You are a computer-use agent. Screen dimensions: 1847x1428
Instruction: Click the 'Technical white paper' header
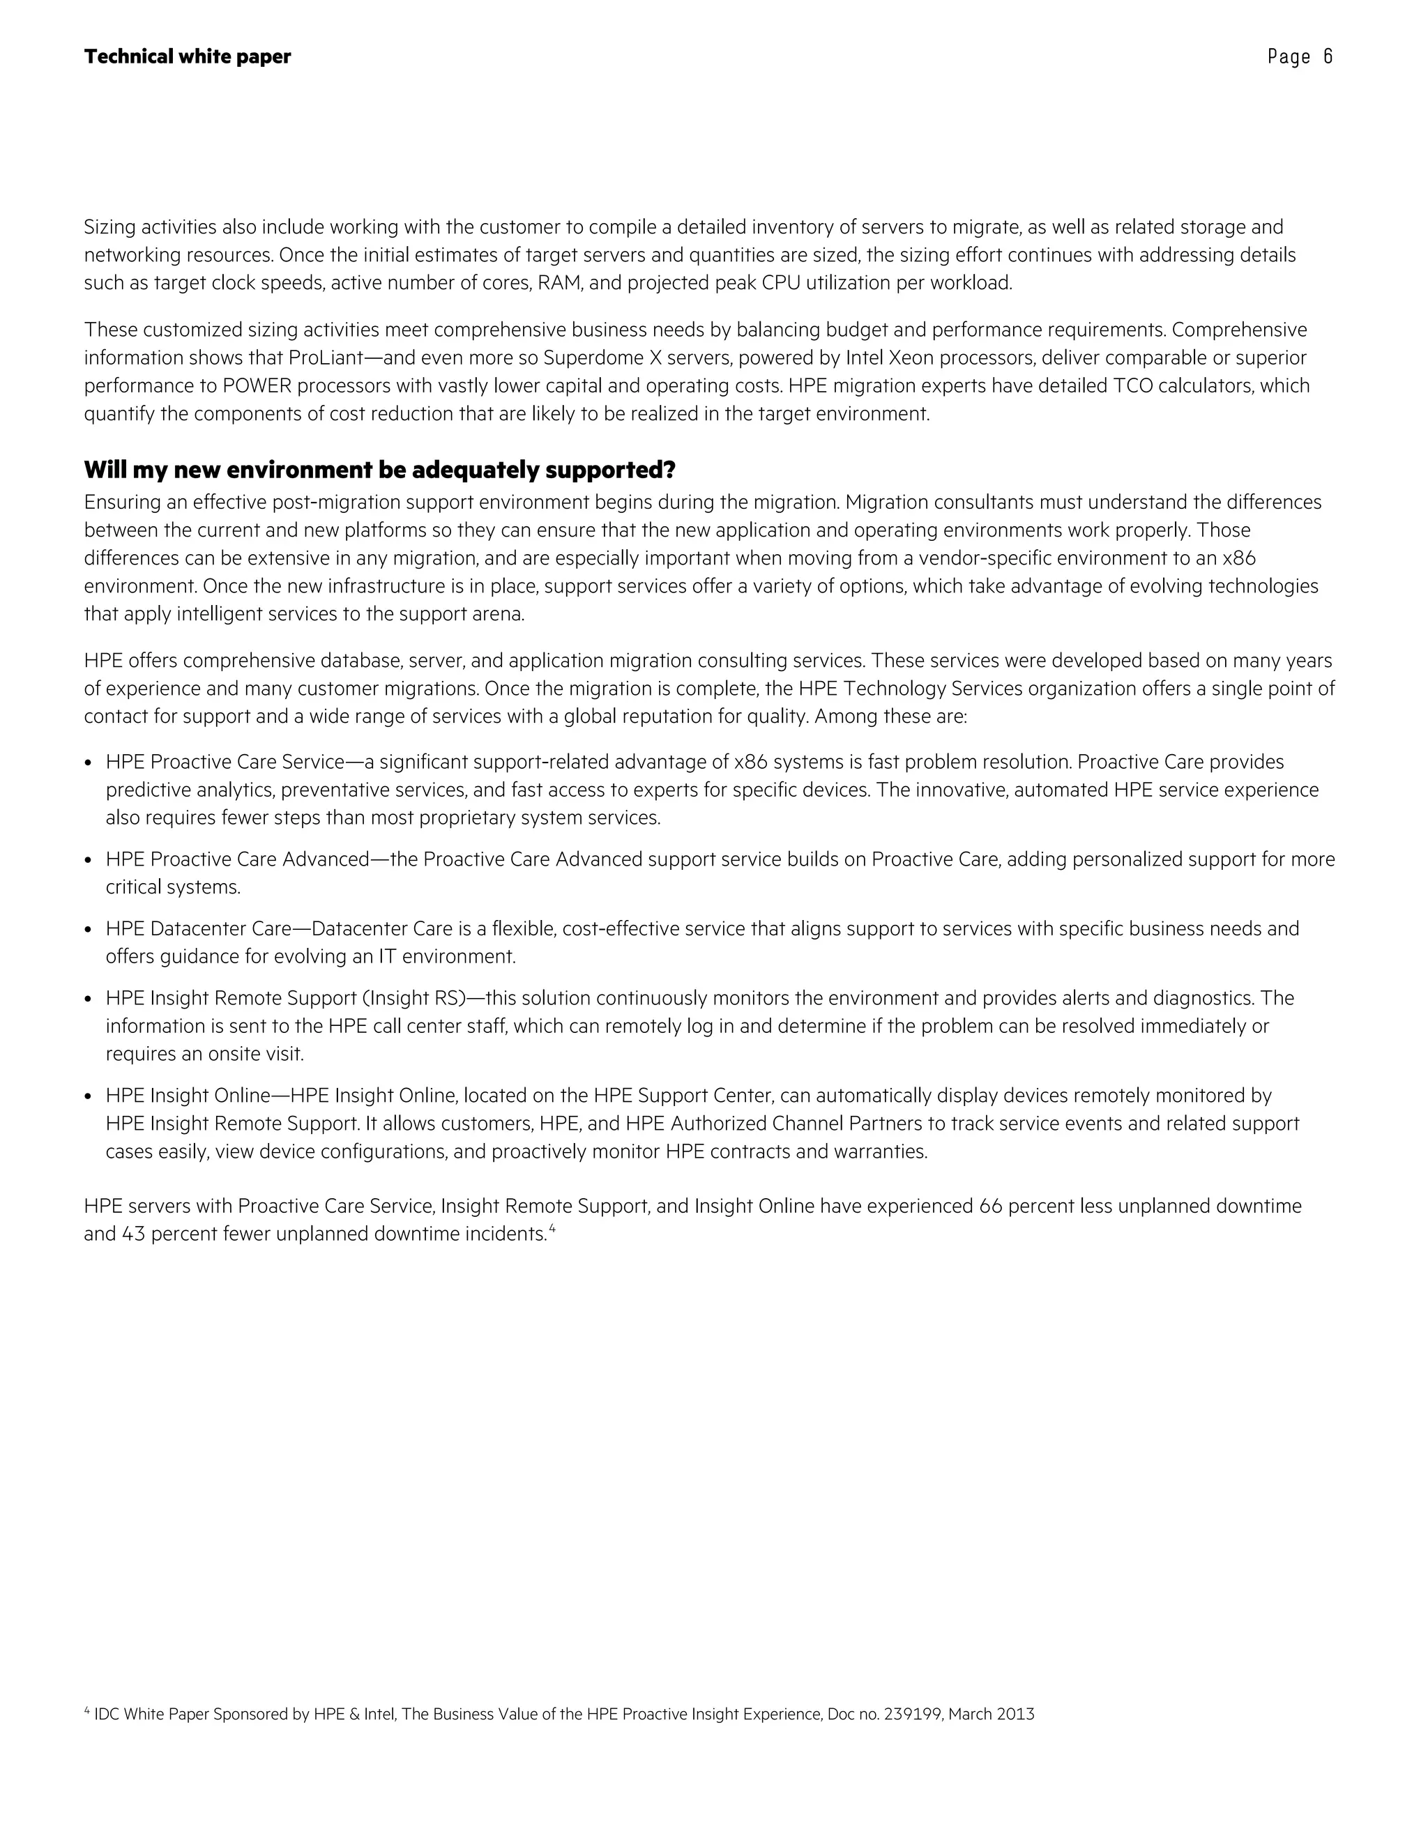(187, 56)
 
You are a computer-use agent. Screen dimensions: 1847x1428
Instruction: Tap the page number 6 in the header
(1328, 56)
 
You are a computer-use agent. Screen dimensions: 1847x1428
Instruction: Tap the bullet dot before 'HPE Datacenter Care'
(89, 929)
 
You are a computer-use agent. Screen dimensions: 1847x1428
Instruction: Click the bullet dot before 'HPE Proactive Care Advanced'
(89, 860)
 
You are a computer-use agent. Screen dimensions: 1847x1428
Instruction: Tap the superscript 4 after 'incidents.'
(552, 1228)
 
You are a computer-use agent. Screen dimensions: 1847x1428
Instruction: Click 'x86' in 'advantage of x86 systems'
(750, 762)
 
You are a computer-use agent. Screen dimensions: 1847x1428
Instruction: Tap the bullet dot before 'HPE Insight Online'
(89, 1097)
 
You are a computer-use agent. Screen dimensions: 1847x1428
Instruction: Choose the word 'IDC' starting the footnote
(107, 1715)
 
